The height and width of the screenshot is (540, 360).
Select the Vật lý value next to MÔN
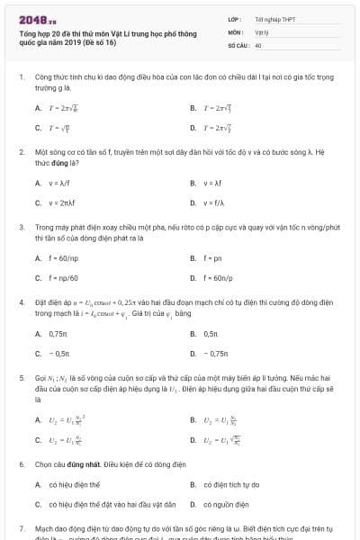[x=262, y=31]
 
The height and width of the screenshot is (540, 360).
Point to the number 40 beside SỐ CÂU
[x=258, y=44]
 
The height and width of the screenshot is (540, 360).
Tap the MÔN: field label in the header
[x=235, y=31]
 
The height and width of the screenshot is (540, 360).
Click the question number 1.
[x=21, y=77]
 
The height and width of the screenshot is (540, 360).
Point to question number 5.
[x=21, y=378]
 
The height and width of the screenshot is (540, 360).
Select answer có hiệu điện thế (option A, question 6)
[x=73, y=484]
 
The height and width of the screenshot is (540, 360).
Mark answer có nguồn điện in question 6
[x=225, y=504]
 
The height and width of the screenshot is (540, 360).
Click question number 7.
[x=21, y=529]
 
